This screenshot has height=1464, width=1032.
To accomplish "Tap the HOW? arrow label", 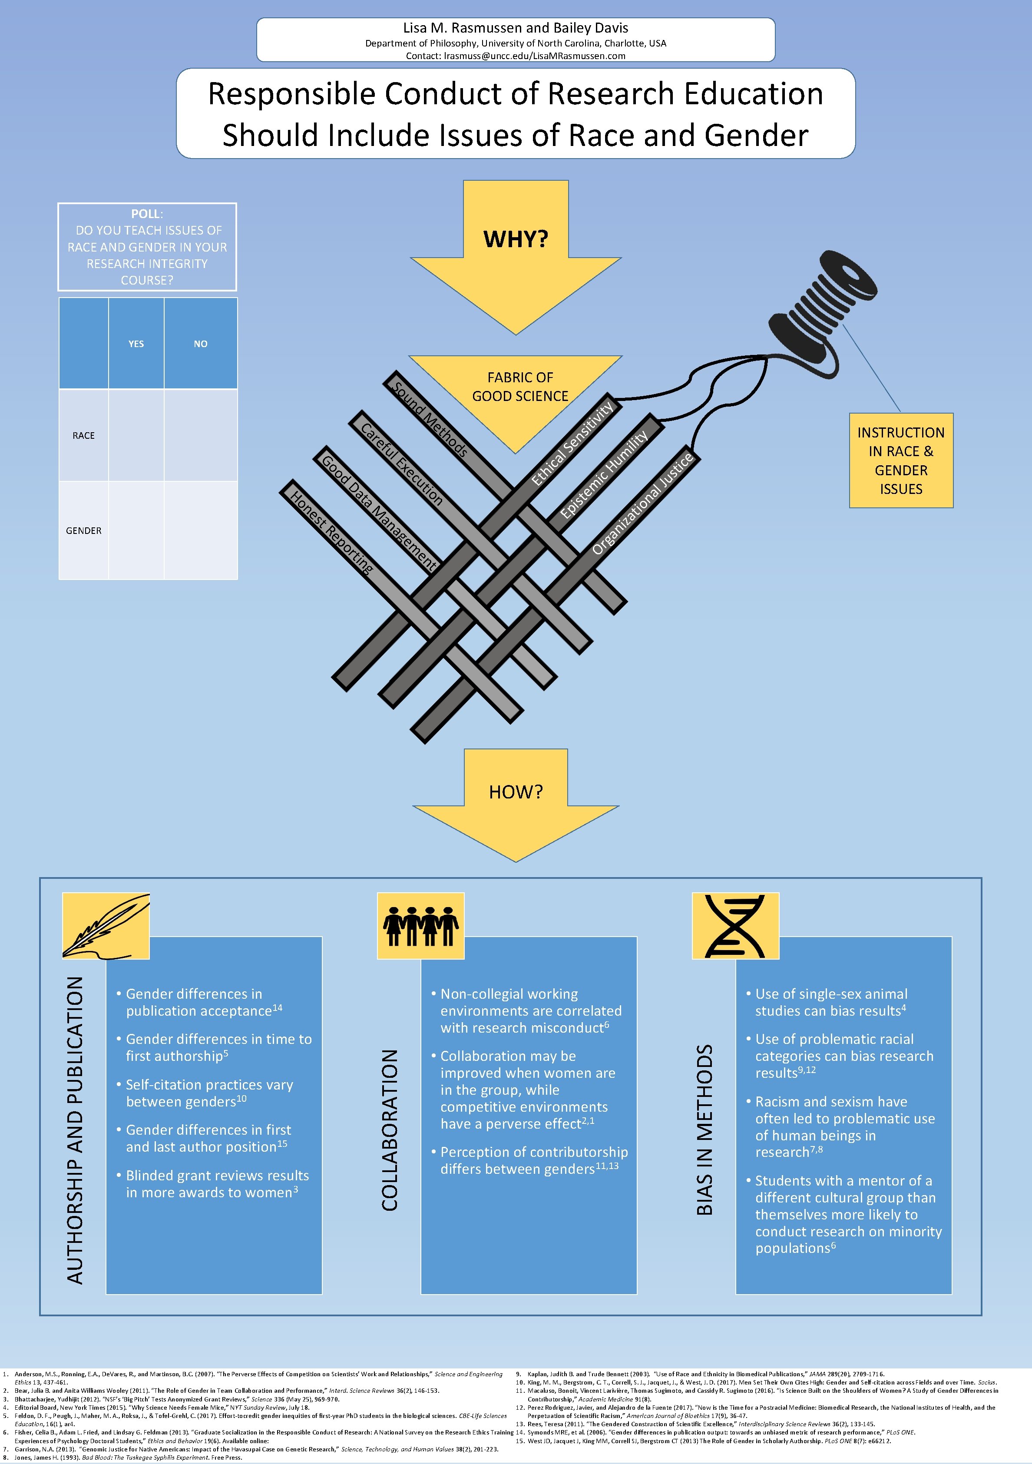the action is tap(516, 792).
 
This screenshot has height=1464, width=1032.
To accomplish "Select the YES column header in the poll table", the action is tap(136, 344).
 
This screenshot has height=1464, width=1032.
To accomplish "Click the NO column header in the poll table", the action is tap(201, 344).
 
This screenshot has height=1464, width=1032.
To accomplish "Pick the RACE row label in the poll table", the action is tap(83, 435).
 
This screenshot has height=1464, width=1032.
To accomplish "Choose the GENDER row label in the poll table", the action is tap(83, 530).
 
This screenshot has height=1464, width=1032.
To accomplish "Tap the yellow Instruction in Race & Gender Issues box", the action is tap(901, 460).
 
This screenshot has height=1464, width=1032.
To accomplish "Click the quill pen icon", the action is tap(106, 926).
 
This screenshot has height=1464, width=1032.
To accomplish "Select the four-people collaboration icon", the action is tap(421, 926).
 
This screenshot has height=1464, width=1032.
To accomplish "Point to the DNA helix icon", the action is tap(736, 926).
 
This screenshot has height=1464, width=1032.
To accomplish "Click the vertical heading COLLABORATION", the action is tap(390, 1130).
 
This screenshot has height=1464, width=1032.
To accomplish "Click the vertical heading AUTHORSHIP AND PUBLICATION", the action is tap(75, 1130).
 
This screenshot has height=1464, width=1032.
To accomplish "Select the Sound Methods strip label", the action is tap(430, 420).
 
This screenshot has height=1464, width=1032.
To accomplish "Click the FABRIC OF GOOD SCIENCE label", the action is tap(520, 386).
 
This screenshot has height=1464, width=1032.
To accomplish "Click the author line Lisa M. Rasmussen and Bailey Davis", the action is tap(516, 28).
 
